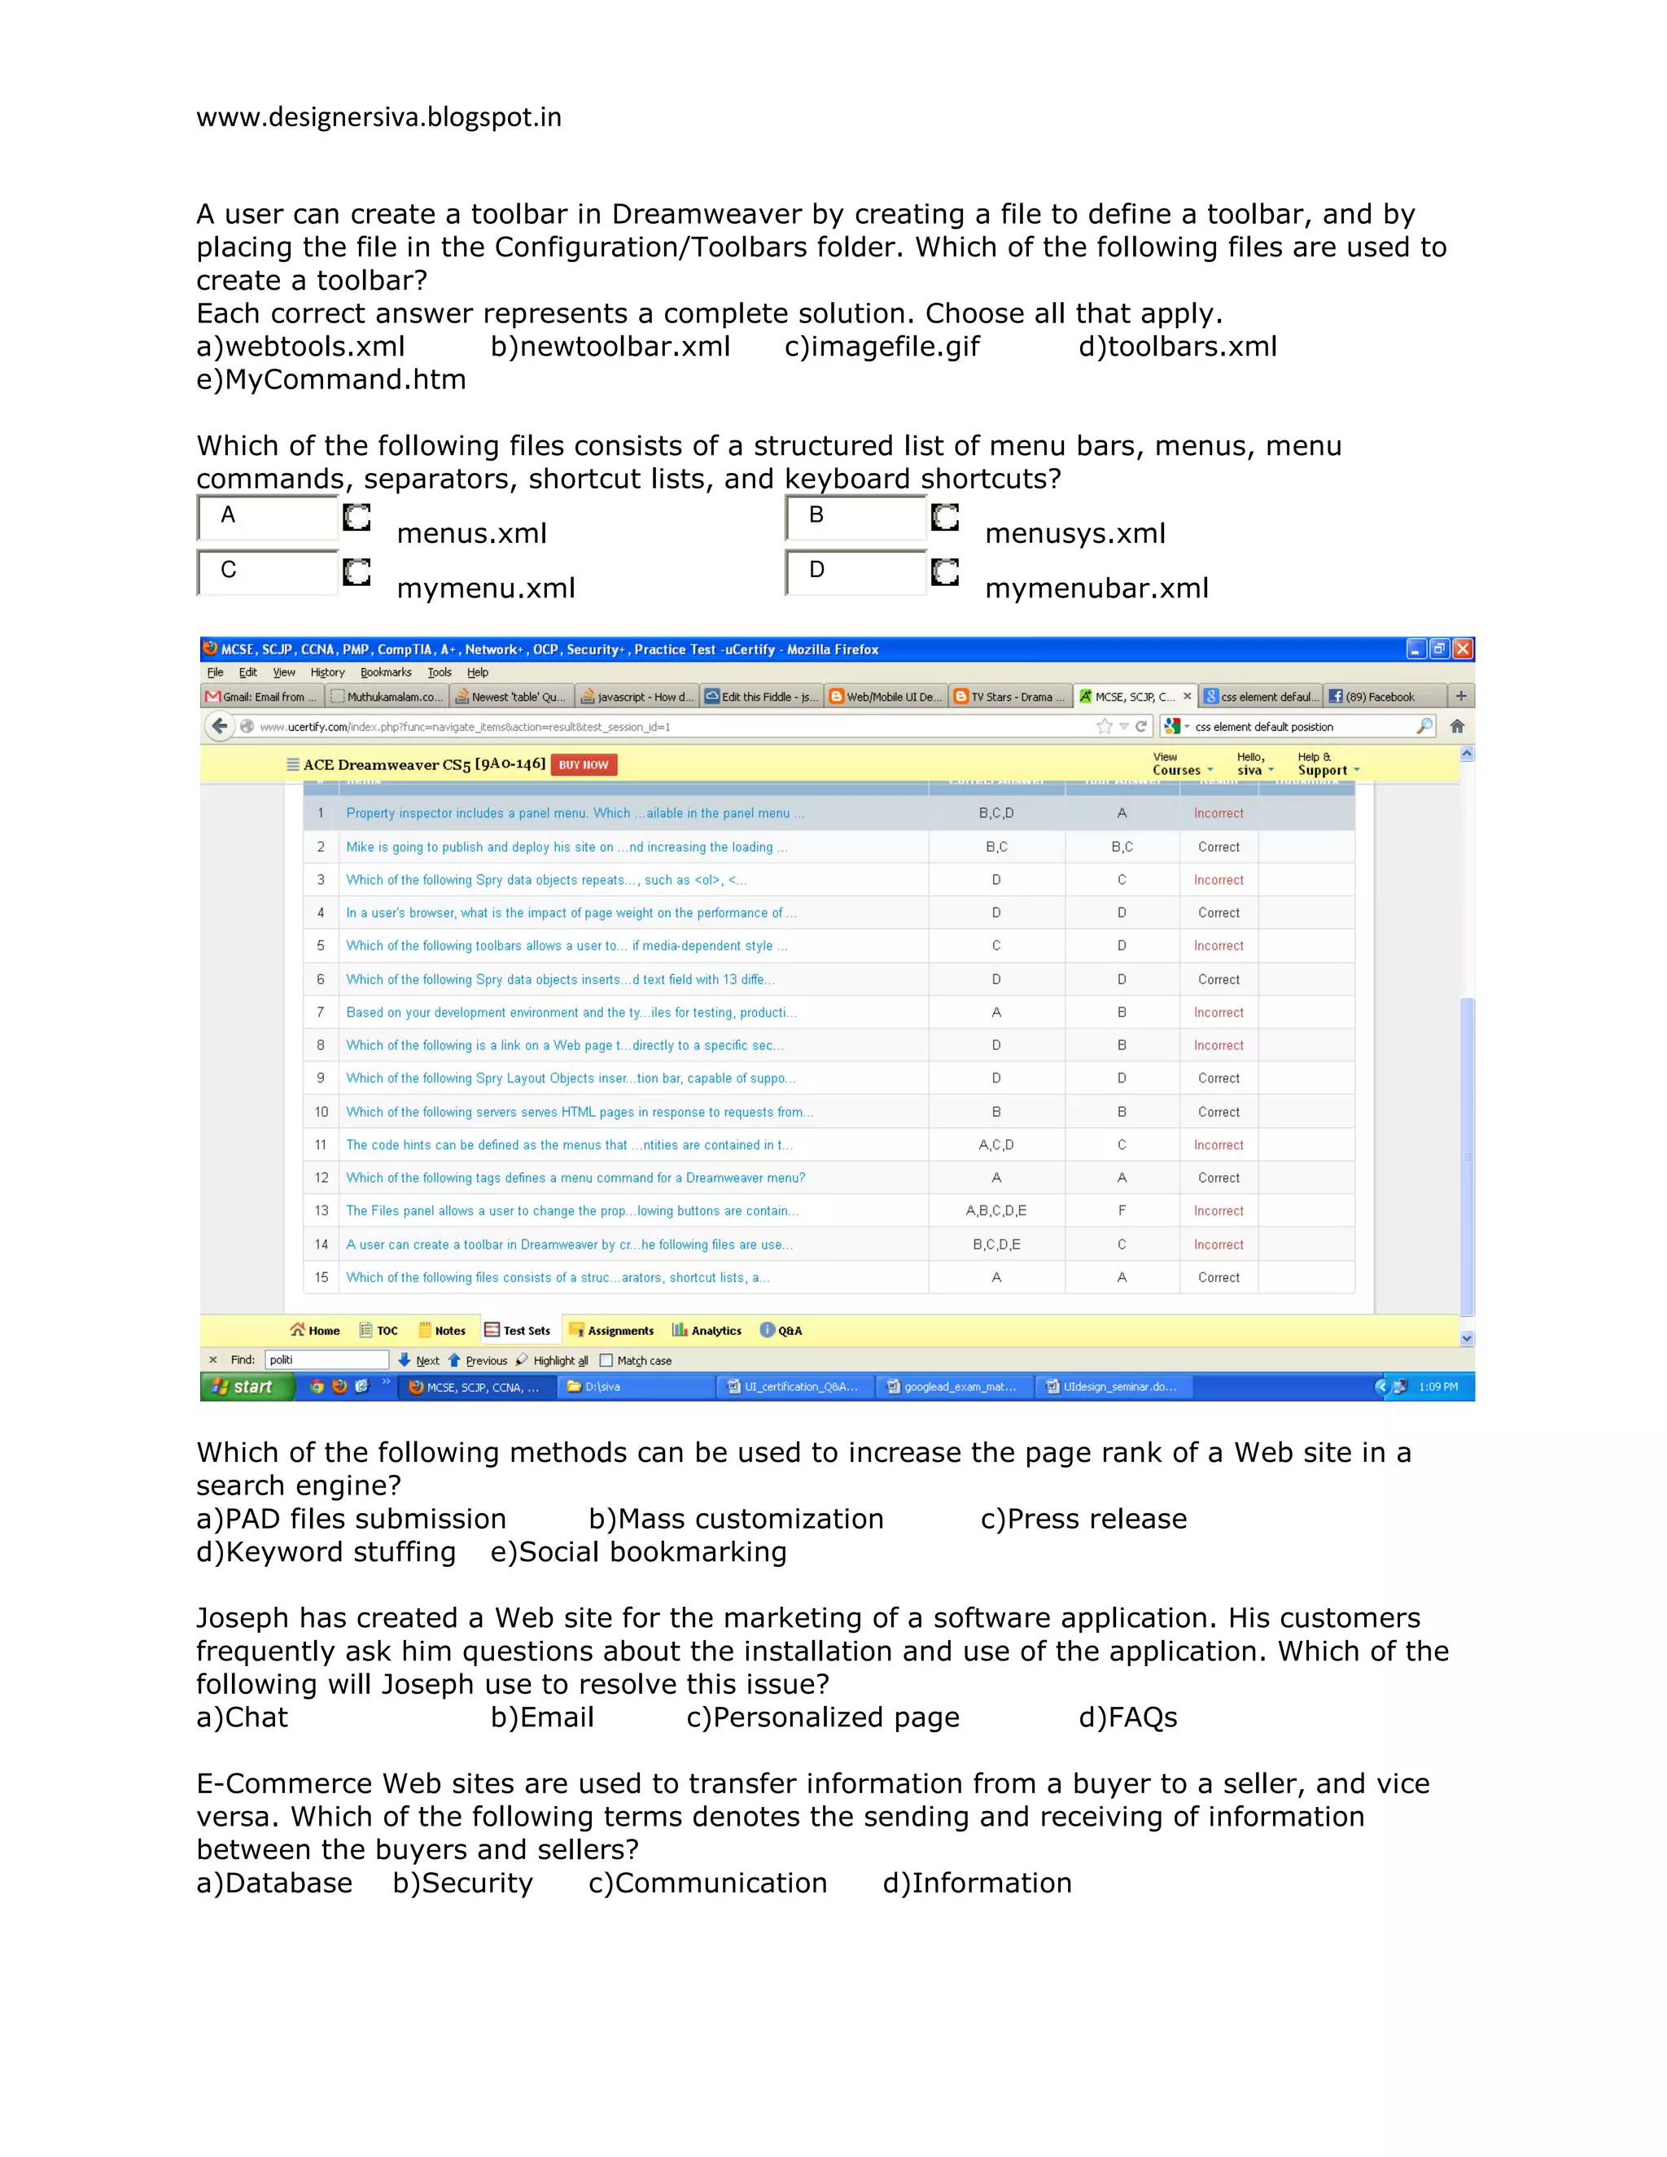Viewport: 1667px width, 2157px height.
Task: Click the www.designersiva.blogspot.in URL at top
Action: coord(378,117)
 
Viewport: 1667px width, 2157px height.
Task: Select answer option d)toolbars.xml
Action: coord(1177,347)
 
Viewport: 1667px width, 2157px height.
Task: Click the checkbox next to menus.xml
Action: coord(357,518)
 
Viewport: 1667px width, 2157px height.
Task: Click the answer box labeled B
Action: coord(855,517)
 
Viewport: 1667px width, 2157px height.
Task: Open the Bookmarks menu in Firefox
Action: coord(385,672)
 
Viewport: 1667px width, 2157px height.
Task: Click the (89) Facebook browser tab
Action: coord(1379,696)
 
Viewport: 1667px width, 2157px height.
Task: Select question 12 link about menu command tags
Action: coord(575,1177)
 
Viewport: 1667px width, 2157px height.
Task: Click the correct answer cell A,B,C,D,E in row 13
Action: coord(995,1211)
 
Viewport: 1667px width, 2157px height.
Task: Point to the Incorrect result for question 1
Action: coord(1218,814)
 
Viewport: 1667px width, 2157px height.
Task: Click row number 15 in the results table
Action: coord(321,1277)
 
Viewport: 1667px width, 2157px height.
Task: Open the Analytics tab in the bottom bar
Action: coord(707,1330)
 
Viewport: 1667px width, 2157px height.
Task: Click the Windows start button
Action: coord(244,1387)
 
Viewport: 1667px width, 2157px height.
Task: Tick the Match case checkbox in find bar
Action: coord(606,1361)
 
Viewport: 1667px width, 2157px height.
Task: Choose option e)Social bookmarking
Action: coord(638,1552)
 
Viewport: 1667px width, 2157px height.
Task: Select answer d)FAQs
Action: coord(1128,1717)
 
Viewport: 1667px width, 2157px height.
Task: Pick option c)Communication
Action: coord(707,1884)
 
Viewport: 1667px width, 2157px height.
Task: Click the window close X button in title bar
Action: coord(1463,649)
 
